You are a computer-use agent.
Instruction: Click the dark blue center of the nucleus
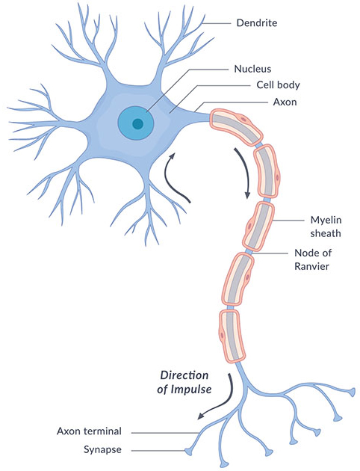(137, 124)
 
